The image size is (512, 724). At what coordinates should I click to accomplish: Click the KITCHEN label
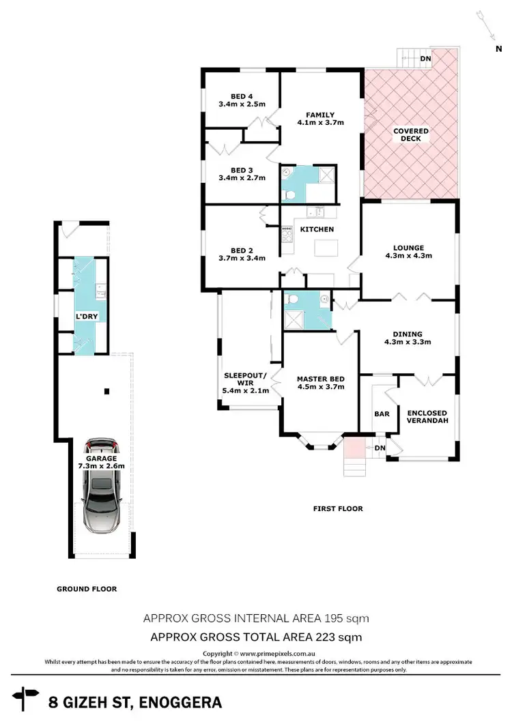pos(317,229)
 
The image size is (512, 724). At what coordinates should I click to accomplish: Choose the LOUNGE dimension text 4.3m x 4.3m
pos(409,257)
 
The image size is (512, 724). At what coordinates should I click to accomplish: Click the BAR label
pos(382,414)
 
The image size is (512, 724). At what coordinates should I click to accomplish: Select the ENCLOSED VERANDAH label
pos(427,418)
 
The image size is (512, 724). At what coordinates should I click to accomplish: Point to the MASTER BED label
pos(320,379)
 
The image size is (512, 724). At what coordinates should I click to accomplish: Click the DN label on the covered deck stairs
pos(425,59)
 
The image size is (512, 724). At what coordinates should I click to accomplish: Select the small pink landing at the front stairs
pos(354,448)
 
